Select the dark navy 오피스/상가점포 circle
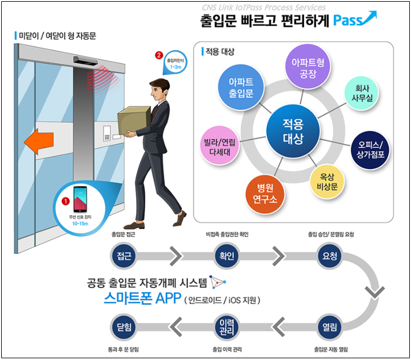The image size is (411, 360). [375, 149]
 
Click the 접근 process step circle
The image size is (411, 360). [123, 255]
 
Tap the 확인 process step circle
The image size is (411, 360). [226, 255]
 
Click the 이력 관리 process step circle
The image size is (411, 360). [226, 328]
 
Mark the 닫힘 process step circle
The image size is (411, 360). [123, 328]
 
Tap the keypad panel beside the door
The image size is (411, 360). [107, 134]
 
